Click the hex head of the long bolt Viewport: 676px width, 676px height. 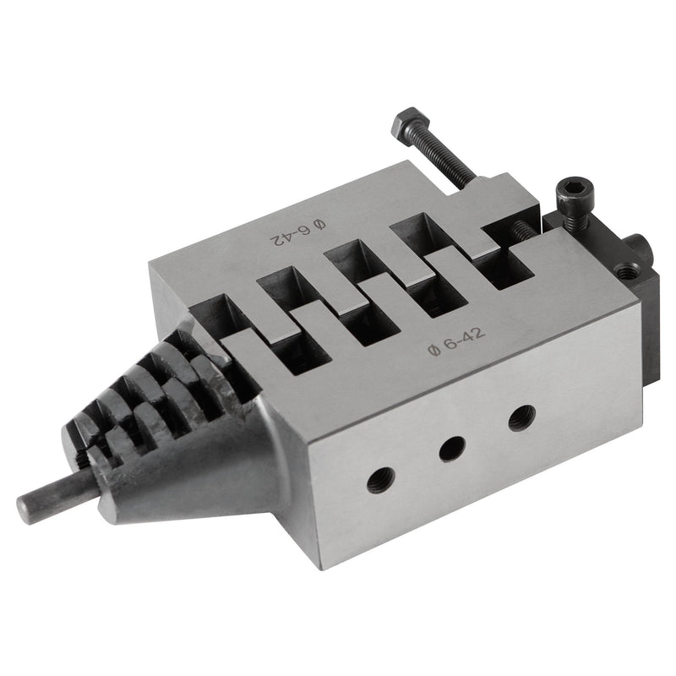click(x=411, y=124)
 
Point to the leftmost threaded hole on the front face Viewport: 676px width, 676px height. click(x=381, y=480)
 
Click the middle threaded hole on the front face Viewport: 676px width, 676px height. click(x=452, y=449)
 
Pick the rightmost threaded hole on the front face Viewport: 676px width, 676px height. click(x=521, y=417)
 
